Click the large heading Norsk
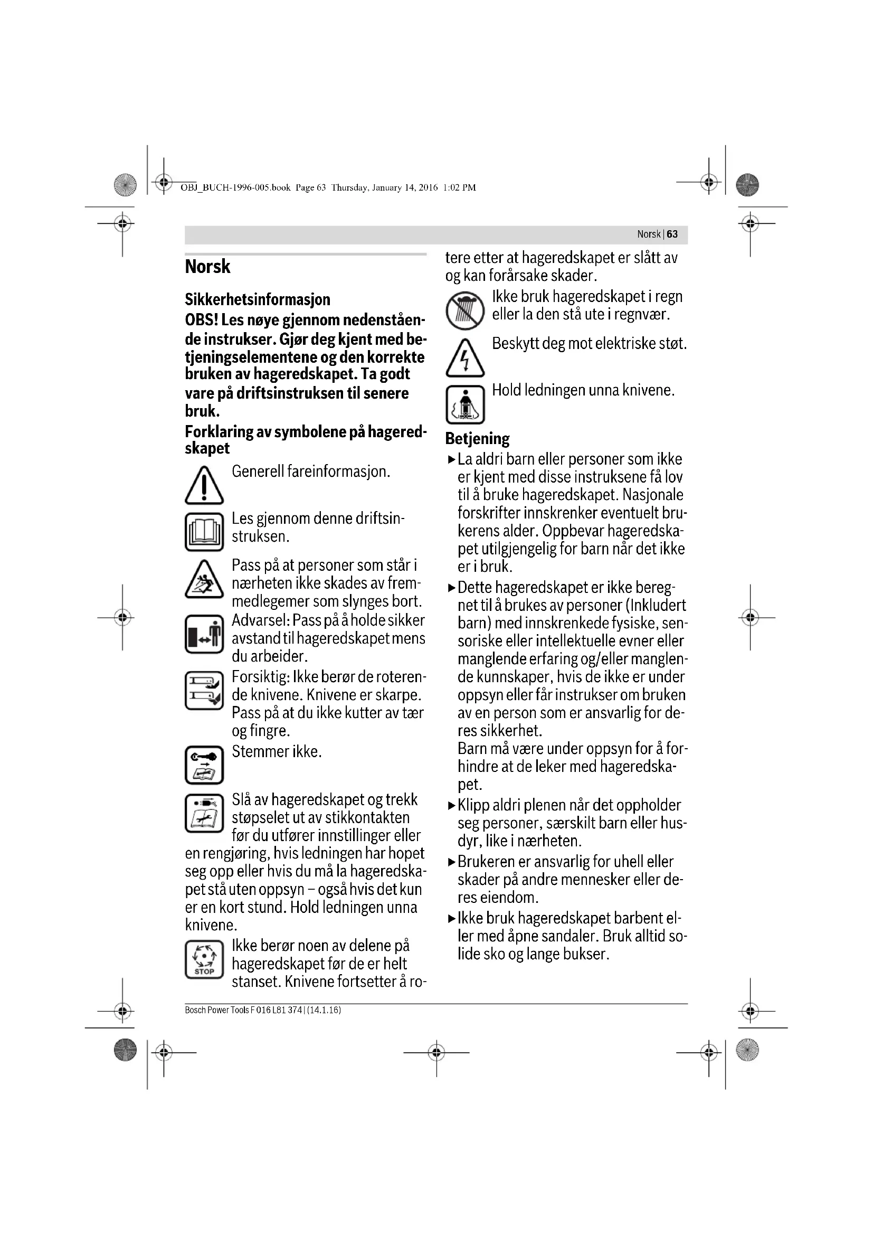(x=207, y=267)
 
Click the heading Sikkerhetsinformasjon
(x=258, y=299)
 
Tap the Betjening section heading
(x=477, y=439)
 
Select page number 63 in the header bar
(x=672, y=234)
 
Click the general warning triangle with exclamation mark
(x=204, y=485)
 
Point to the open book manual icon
(x=204, y=532)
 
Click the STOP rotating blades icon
(x=204, y=959)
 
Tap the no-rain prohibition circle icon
(x=465, y=311)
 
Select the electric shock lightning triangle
(x=465, y=357)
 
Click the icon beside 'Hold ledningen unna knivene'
(x=465, y=404)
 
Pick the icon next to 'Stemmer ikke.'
(x=204, y=765)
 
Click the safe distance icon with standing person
(x=204, y=634)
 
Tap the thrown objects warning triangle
(x=204, y=579)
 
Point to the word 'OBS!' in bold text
(x=201, y=320)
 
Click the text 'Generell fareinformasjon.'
(x=311, y=472)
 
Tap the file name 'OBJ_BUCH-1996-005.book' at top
(x=235, y=188)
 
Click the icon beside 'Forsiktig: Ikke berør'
(x=204, y=690)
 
